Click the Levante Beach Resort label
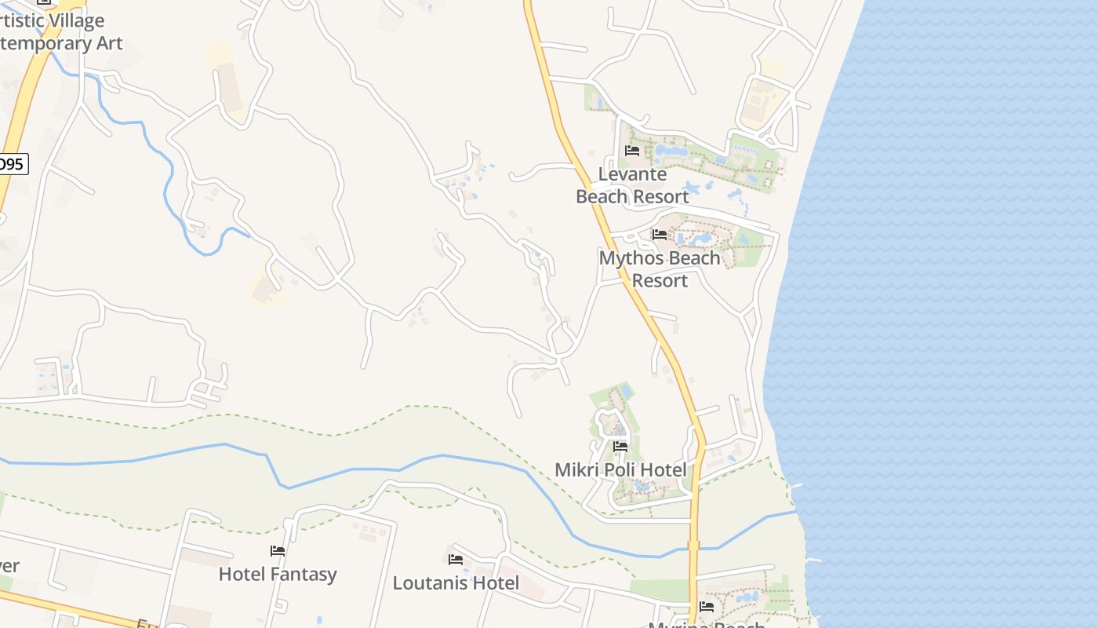click(632, 185)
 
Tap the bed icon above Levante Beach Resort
click(632, 151)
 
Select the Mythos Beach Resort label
click(660, 269)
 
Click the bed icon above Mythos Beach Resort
click(660, 235)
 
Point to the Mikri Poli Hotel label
click(620, 470)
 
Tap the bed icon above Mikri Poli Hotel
click(620, 446)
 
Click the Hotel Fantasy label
click(278, 575)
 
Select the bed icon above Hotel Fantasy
click(278, 551)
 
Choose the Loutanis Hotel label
click(456, 583)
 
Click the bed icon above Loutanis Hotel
click(456, 560)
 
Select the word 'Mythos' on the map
click(627, 258)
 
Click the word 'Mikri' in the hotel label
click(575, 470)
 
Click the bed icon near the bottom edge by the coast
click(707, 606)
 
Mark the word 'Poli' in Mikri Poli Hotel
click(619, 470)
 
